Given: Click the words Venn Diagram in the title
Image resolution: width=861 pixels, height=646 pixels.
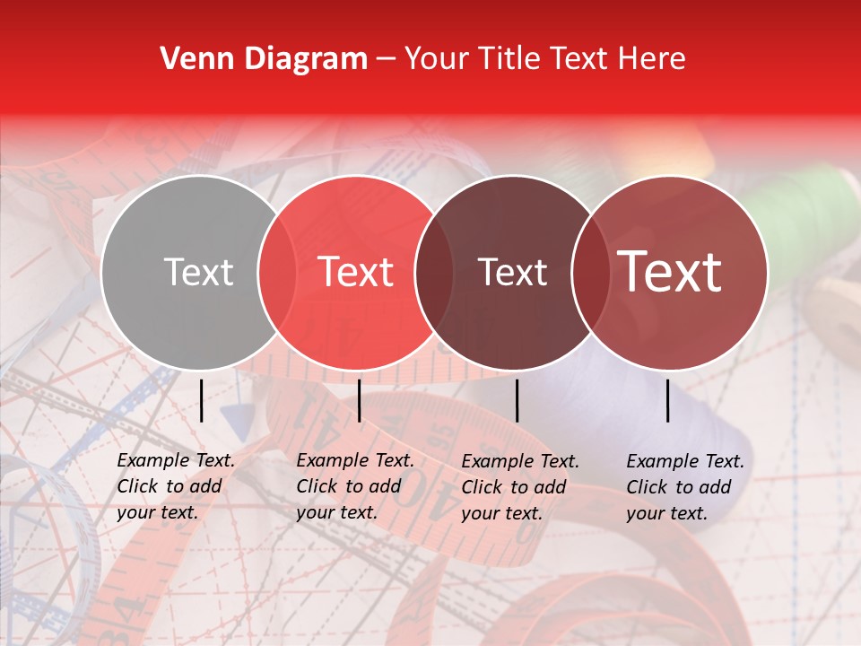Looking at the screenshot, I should [264, 59].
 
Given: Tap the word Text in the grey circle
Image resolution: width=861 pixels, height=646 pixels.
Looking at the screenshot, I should [198, 272].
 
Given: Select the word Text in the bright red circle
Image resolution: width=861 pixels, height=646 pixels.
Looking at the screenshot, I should [356, 272].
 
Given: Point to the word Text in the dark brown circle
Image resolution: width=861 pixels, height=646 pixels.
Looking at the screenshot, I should [513, 272].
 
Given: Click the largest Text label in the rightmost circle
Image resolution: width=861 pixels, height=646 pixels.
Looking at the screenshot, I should [670, 271].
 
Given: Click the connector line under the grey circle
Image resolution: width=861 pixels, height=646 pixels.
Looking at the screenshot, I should [201, 400].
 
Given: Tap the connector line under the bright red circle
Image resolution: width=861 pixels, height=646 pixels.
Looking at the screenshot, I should [359, 400].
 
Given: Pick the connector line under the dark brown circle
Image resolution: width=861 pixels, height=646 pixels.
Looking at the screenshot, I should [517, 400].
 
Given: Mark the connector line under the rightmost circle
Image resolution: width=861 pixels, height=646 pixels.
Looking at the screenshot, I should [667, 400].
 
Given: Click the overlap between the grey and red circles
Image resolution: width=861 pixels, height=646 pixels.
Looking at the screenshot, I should [277, 272].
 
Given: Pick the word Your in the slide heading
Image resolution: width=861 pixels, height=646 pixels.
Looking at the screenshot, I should [436, 59].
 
